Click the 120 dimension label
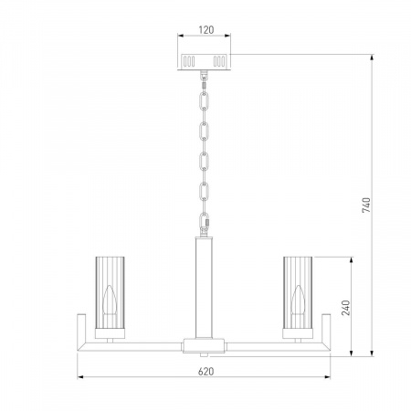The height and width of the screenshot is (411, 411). coord(206,30)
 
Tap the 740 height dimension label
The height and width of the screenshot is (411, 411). coord(366,205)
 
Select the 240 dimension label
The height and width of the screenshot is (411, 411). coord(346,308)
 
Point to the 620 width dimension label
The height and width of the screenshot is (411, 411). coord(205,372)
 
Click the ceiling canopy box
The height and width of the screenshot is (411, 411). coord(204,62)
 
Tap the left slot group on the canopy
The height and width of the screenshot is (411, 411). coord(188,61)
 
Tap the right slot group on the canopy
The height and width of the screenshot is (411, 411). coord(219,61)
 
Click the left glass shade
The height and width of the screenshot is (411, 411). coord(110,293)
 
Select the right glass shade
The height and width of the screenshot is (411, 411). coord(298,293)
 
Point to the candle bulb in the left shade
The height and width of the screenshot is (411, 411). coord(110,300)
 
